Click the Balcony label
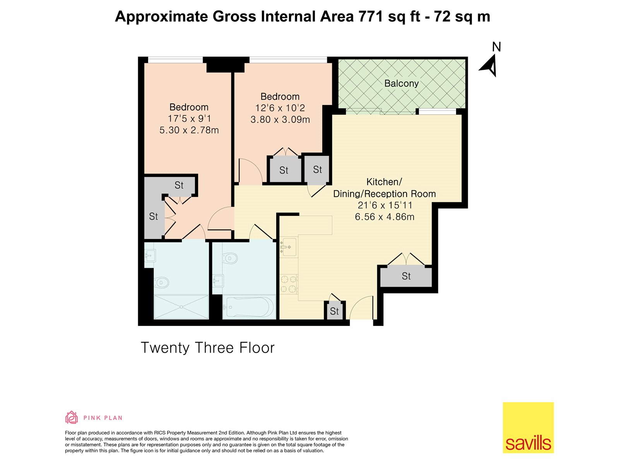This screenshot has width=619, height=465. point(401,84)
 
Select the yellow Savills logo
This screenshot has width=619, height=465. point(528,427)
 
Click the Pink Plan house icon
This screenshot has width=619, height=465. point(71,417)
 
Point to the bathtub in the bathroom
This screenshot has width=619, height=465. point(248,307)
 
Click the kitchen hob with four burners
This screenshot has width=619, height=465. point(289,284)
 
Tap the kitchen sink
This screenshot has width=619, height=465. point(289,247)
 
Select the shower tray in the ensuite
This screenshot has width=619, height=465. point(181,307)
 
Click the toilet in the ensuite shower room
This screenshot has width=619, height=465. point(161,282)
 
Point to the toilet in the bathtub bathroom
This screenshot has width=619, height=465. point(230,258)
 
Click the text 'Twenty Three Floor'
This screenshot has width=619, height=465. point(207,348)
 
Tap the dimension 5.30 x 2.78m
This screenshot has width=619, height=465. point(189,130)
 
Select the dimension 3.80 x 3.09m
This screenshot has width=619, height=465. point(280,120)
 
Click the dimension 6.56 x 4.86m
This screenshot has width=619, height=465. point(385,217)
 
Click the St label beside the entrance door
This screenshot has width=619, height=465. point(334,311)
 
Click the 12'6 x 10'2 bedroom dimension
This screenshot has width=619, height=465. point(280,108)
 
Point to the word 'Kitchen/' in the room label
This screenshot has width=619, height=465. point(384,182)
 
